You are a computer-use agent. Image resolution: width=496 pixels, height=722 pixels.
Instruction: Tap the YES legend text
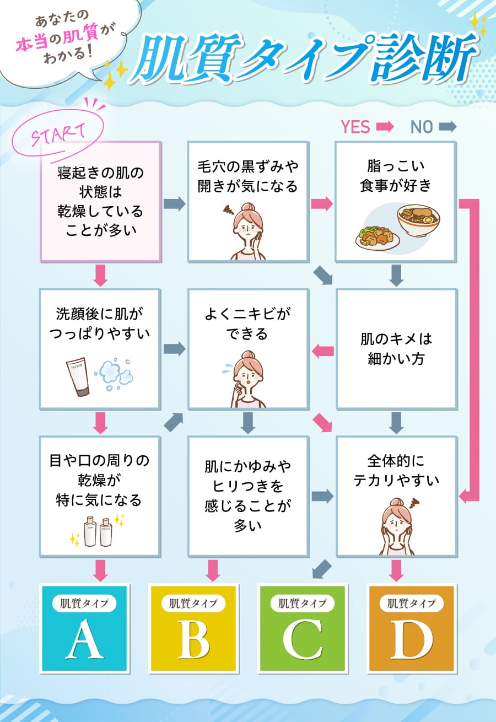(355, 127)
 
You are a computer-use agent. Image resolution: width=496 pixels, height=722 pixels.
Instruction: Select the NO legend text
(422, 127)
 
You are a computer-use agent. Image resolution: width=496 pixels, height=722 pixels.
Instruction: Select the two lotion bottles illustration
(98, 530)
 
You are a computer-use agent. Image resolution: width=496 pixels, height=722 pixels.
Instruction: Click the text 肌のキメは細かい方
(396, 348)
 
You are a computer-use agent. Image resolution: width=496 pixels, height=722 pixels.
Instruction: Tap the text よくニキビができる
(247, 324)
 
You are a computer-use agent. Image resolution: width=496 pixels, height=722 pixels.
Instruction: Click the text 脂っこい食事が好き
(396, 176)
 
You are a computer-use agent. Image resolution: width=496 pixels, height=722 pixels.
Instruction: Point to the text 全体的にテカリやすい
(396, 470)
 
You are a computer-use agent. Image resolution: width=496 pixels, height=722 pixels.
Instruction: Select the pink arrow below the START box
(100, 275)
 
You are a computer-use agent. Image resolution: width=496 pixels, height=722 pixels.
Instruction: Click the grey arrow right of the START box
(174, 203)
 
